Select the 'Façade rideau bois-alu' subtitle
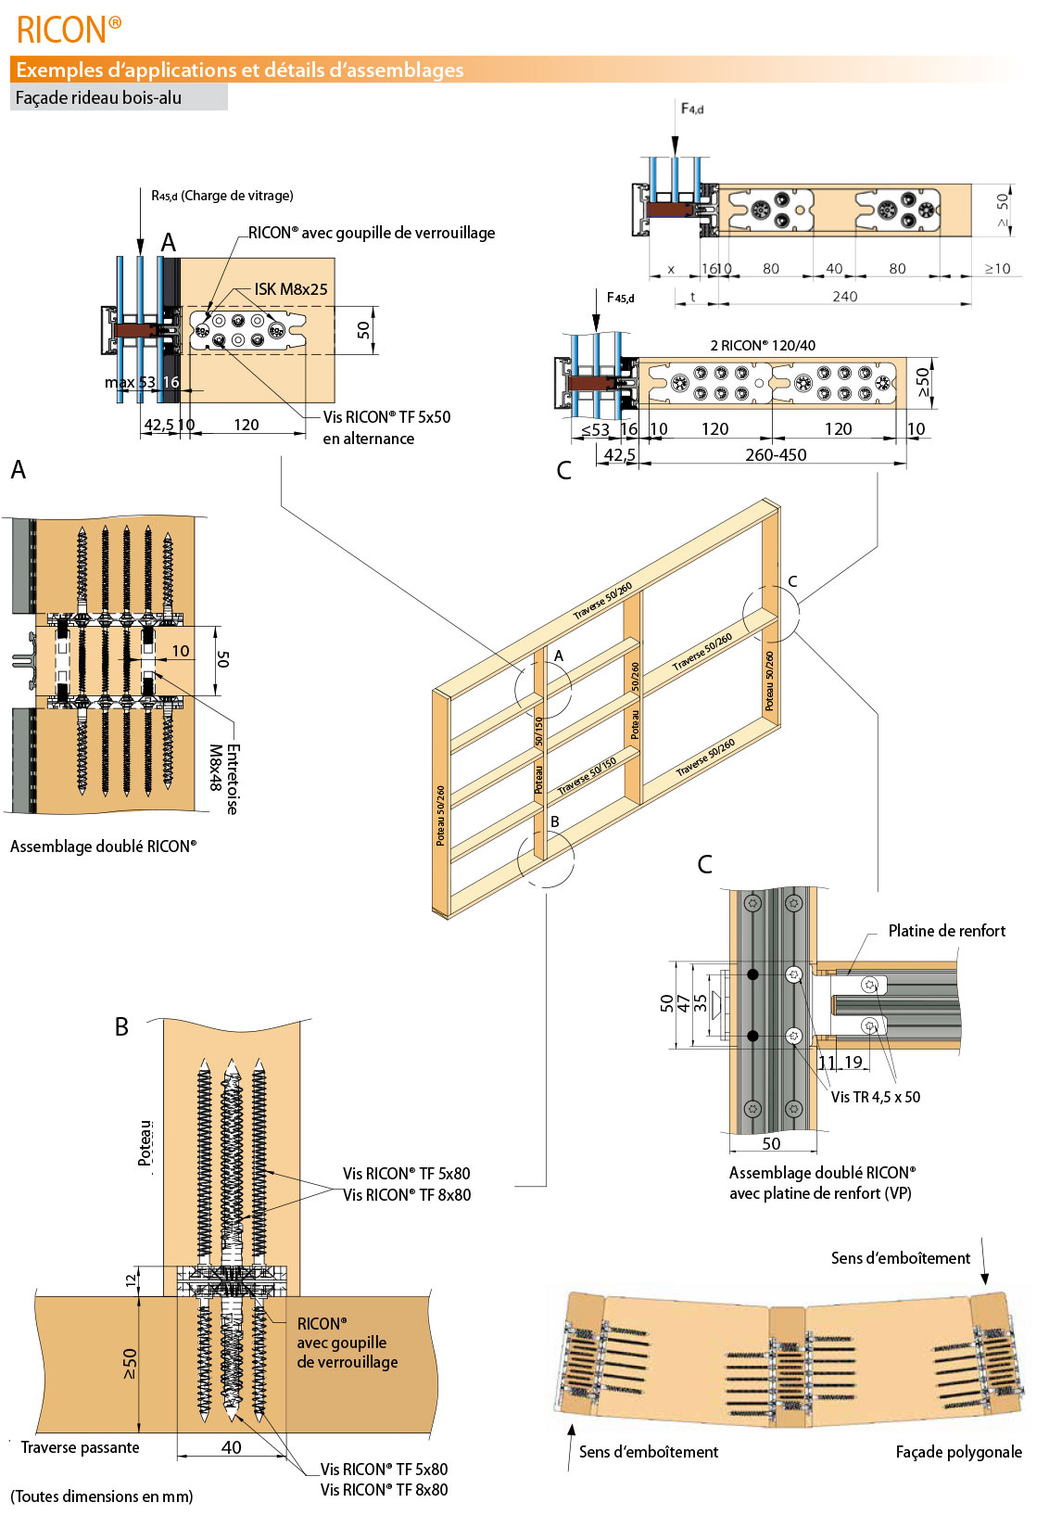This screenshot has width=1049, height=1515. coord(98,97)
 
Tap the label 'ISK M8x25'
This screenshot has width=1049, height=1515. coord(291,289)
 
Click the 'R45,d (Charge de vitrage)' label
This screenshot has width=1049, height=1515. coord(222,196)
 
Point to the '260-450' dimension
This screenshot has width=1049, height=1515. coord(776,454)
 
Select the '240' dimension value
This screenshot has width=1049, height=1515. coord(844,297)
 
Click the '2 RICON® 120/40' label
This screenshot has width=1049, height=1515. coord(763,346)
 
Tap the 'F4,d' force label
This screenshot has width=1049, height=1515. coord(691,108)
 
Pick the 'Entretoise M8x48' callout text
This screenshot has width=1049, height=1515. coord(223,779)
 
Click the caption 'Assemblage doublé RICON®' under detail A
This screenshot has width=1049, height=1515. coord(103,847)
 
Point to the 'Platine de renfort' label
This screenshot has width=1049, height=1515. coord(946,931)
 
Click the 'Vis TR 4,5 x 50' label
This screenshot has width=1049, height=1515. coord(875,1097)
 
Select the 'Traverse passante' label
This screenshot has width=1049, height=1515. coord(80,1447)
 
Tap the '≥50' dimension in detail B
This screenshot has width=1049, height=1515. coord(129,1363)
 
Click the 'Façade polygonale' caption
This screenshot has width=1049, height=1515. coord(958,1452)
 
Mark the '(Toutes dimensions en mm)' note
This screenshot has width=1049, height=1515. coord(102,1496)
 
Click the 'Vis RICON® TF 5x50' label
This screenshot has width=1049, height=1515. coord(386,417)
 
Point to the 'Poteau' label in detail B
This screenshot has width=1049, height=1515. coord(145,1143)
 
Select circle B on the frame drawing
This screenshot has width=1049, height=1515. coord(546,858)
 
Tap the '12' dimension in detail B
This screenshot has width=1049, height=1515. coord(131,1279)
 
